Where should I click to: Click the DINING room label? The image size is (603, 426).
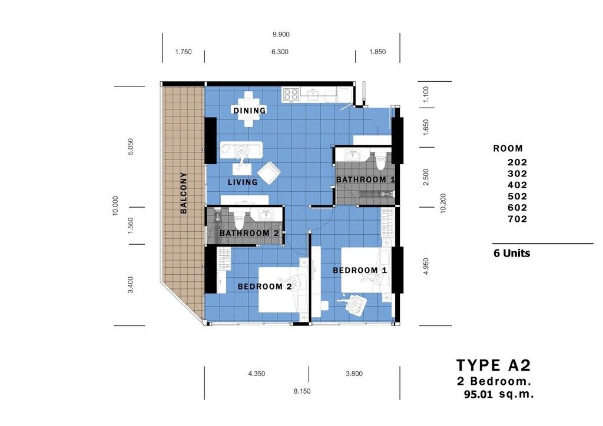pos(250,111)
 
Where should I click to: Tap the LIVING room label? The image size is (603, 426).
pos(243,182)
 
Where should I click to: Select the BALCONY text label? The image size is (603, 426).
pos(184,193)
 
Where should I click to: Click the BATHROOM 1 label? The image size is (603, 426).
pos(365,179)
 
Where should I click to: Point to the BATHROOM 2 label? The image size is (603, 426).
pos(249,233)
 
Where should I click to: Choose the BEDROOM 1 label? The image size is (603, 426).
pos(360,271)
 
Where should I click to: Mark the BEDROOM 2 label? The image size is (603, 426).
pos(264,287)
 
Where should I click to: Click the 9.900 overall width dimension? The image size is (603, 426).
pos(281,35)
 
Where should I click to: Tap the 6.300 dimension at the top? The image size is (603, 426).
pos(280,52)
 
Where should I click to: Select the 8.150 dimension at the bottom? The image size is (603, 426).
pos(302,391)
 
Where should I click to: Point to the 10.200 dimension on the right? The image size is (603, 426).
pos(443,203)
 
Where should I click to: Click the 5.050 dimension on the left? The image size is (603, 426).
pos(130,147)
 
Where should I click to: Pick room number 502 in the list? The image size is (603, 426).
pos(517,197)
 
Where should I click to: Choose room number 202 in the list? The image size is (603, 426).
pos(517,162)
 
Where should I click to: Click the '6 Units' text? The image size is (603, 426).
pos(512,254)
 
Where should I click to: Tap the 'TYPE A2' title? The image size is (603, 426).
pos(494,365)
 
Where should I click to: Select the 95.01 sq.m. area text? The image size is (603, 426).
pos(499,394)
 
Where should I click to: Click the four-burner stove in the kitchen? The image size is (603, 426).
pos(291,95)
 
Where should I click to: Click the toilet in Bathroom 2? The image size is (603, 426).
pos(239,220)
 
